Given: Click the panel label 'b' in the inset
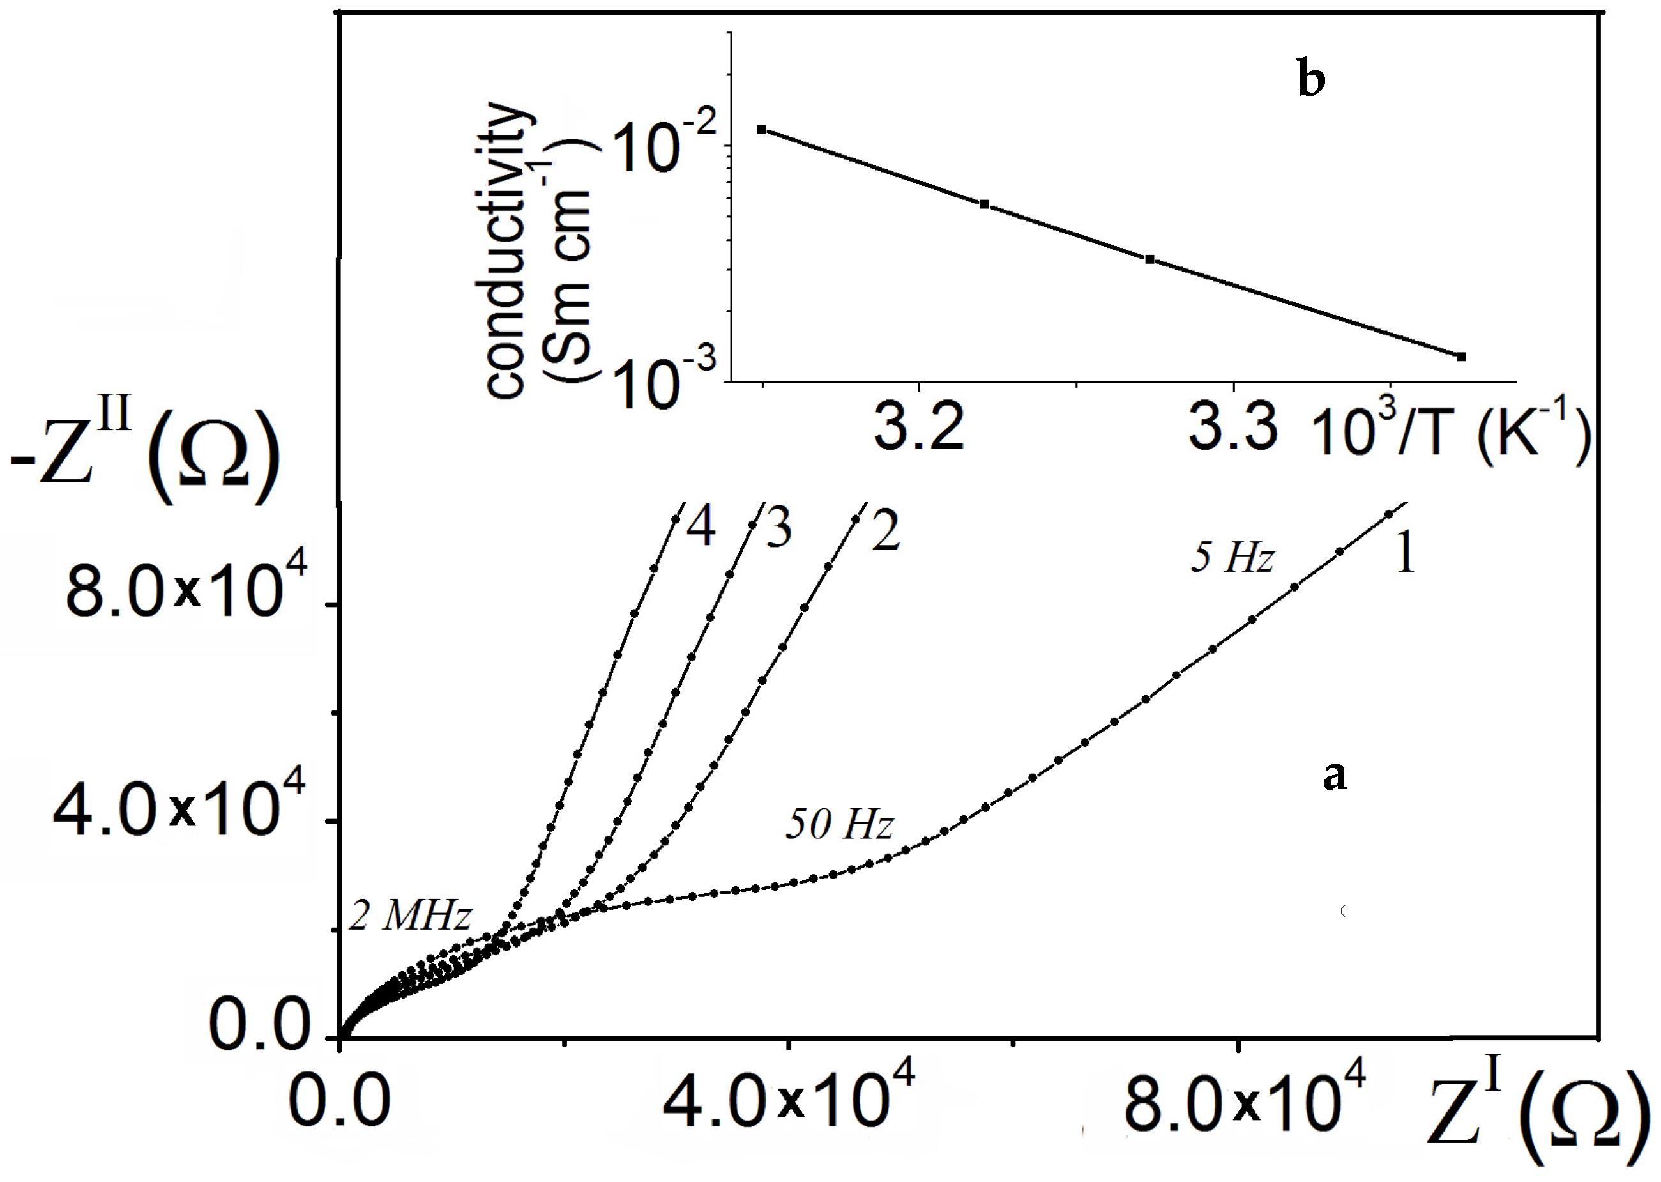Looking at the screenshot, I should click(x=1310, y=81).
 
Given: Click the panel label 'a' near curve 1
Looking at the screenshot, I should click(x=1333, y=776).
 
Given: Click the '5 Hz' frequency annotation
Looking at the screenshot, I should click(x=1232, y=558).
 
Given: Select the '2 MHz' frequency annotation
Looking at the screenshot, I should click(x=409, y=916).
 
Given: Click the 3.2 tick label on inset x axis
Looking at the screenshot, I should click(x=918, y=427).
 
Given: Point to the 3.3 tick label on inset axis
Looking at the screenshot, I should click(x=1232, y=427).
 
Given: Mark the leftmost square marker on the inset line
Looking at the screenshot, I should click(x=761, y=130).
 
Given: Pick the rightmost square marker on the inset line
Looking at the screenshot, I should click(x=1461, y=357).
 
